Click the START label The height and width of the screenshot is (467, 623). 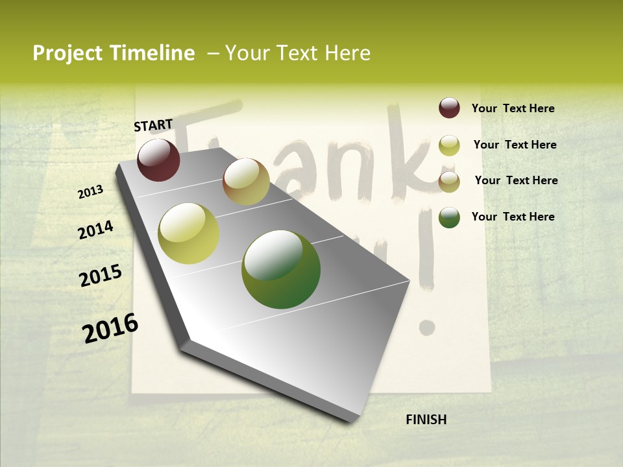[153, 125]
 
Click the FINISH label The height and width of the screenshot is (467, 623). [426, 420]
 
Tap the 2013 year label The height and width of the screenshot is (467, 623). [91, 192]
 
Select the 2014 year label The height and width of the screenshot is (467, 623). [95, 230]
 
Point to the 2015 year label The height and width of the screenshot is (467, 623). [101, 276]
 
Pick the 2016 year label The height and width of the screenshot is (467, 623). [110, 328]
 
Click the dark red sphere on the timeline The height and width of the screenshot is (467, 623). [158, 160]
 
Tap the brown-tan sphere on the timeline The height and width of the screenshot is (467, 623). [246, 182]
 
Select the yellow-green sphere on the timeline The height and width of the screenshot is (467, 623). [189, 233]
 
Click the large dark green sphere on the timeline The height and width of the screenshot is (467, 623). [281, 269]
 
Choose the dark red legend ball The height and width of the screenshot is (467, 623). [449, 108]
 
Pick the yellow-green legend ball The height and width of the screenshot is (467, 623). [449, 145]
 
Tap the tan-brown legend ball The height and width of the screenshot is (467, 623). [449, 182]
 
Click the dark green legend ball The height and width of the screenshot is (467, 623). [449, 217]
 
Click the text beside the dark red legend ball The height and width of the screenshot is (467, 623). [513, 108]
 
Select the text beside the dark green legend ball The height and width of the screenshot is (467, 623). [513, 217]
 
